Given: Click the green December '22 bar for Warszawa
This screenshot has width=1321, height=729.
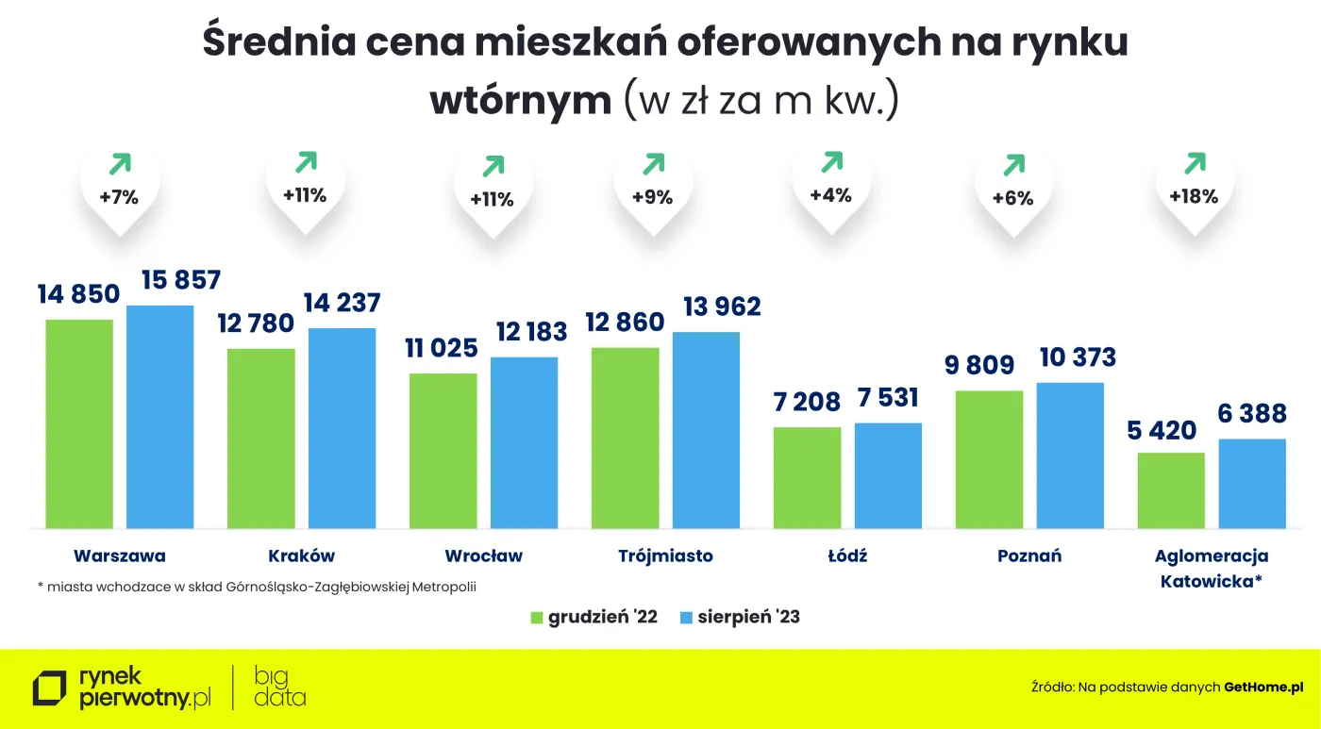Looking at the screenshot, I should tap(79, 423).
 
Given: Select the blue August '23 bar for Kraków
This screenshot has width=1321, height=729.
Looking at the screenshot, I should tap(342, 428).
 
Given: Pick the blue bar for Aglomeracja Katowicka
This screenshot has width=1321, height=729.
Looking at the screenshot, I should tap(1252, 483).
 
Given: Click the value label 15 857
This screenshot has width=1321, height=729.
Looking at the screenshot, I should tap(180, 280).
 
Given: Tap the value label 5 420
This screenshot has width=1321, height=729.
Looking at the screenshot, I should tap(1162, 431).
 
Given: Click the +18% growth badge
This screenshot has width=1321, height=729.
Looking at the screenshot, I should tap(1194, 197).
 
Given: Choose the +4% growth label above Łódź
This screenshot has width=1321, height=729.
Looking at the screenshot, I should tap(830, 195).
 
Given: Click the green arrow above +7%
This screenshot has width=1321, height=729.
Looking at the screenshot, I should tap(120, 166).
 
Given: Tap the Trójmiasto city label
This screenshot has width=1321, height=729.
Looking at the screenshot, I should tap(665, 555).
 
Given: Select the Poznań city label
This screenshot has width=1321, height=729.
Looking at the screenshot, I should tap(1029, 555).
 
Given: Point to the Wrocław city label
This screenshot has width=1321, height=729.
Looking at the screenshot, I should tap(483, 555).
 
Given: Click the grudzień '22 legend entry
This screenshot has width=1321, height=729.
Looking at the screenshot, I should tap(594, 618).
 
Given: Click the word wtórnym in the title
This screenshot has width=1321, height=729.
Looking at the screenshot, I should tap(521, 101).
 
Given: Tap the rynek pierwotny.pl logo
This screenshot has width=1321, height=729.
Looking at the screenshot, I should tap(123, 688).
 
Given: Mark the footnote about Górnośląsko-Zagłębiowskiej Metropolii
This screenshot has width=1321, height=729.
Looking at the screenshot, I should tap(257, 587).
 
